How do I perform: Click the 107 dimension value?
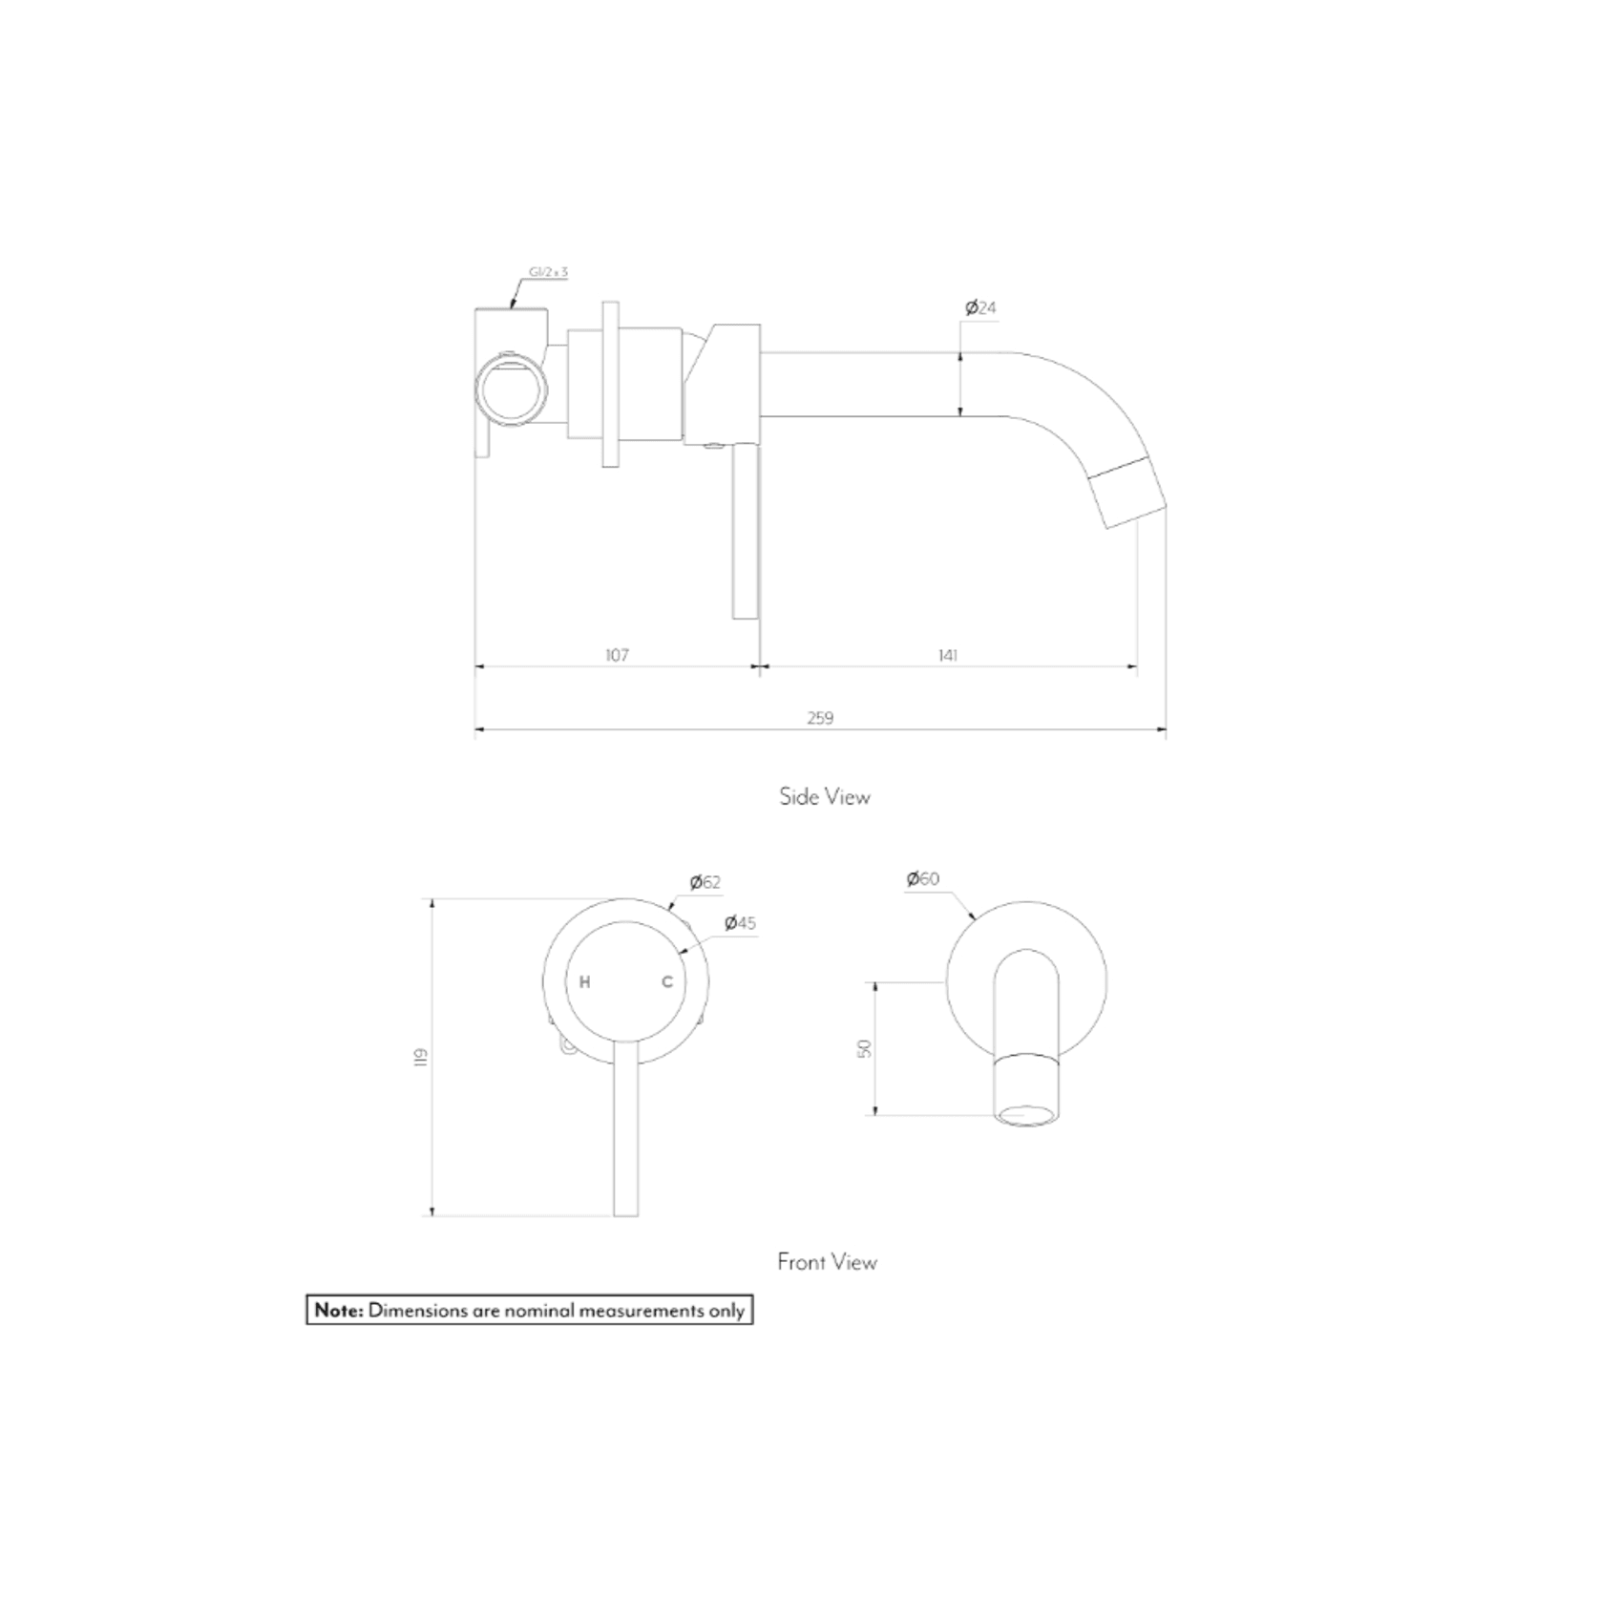coord(617,655)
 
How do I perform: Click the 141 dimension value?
coord(947,655)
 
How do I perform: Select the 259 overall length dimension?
coord(820,718)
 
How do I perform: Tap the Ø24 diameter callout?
coord(980,307)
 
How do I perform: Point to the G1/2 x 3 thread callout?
coord(548,273)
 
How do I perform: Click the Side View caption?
coord(825,797)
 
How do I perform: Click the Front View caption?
coord(827,1262)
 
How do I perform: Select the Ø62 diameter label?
coord(705,882)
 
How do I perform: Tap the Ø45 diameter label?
coord(740,923)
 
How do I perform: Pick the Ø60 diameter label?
coord(923,878)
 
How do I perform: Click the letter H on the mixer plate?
coord(585,981)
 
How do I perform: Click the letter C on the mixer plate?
coord(667,981)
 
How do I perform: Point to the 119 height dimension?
coord(421,1057)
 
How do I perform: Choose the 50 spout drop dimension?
coord(865,1047)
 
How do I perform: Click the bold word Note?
coord(339,1311)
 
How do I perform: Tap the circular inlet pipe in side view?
coord(513,389)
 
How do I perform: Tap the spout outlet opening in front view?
coord(1026,1113)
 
